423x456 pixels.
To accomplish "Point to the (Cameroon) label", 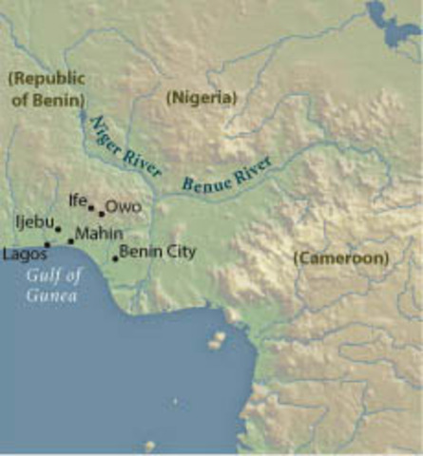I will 341,257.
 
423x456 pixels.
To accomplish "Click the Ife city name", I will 77,200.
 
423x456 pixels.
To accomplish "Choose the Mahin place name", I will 99,234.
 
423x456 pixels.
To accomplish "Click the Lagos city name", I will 25,255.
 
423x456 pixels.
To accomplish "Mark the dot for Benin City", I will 115,257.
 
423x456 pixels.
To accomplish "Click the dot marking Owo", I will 102,213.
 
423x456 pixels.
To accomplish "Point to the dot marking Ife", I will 91,207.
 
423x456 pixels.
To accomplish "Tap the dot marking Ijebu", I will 57,229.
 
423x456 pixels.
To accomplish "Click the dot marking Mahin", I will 70,241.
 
